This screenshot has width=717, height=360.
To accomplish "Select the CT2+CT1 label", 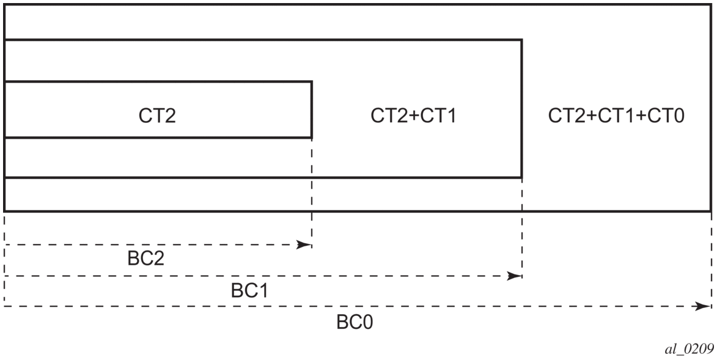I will click(x=414, y=116).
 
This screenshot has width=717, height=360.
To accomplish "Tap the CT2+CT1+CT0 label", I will click(x=616, y=116).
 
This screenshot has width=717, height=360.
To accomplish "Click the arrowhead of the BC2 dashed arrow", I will click(x=304, y=244).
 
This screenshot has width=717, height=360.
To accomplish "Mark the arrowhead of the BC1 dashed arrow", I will click(x=514, y=276).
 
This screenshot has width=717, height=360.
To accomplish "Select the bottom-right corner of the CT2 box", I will click(x=312, y=137).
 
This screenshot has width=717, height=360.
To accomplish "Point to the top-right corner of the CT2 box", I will click(x=312, y=82).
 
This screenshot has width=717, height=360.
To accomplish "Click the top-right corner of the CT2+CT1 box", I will click(x=521, y=40).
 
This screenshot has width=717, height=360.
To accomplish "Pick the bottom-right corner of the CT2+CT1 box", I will click(x=521, y=178).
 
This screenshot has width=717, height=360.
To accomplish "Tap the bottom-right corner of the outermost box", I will click(x=710, y=211).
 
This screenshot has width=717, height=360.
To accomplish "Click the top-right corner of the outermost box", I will click(x=710, y=5).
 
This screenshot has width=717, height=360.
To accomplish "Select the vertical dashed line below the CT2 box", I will click(x=312, y=189).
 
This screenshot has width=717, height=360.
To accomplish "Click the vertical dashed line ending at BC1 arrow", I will click(x=522, y=226).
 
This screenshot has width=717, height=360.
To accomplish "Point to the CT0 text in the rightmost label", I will click(x=670, y=116).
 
